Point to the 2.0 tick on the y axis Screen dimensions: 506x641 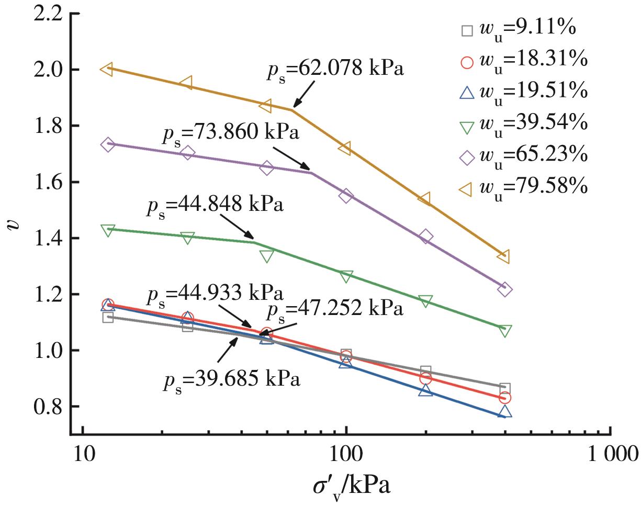click(x=50, y=69)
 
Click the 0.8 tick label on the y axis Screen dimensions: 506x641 click(x=50, y=407)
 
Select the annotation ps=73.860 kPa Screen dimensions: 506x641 click(x=230, y=132)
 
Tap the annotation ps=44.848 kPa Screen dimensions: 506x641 click(x=215, y=204)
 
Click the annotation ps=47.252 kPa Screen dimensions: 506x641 click(x=335, y=309)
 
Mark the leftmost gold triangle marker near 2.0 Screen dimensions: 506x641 click(x=107, y=69)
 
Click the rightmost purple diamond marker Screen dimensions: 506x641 click(x=504, y=289)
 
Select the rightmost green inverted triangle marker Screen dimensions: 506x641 click(x=504, y=330)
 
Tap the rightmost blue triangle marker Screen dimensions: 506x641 click(x=504, y=412)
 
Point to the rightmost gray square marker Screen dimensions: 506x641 click(x=504, y=389)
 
